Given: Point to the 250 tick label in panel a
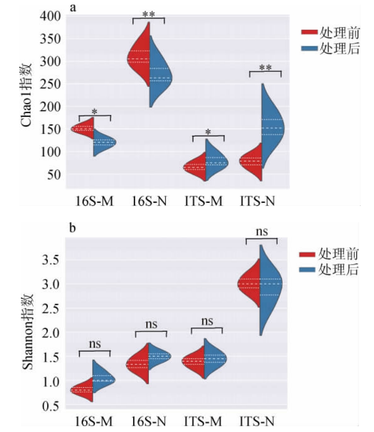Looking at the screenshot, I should tap(51, 84).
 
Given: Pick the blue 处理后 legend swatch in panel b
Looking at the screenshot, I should tap(308, 270).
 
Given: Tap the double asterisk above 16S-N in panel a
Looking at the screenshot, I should tap(149, 14).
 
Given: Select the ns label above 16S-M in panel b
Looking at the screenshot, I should tap(94, 344).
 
